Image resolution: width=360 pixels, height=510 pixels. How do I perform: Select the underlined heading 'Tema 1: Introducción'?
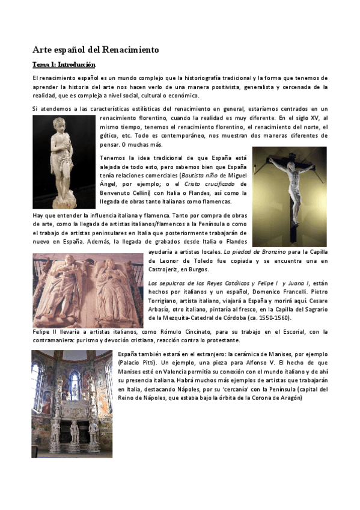64,64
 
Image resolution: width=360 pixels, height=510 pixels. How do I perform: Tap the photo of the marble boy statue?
64,162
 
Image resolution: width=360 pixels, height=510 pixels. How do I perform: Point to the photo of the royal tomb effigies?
88,290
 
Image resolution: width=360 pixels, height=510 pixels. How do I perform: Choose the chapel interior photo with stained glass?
73,404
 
